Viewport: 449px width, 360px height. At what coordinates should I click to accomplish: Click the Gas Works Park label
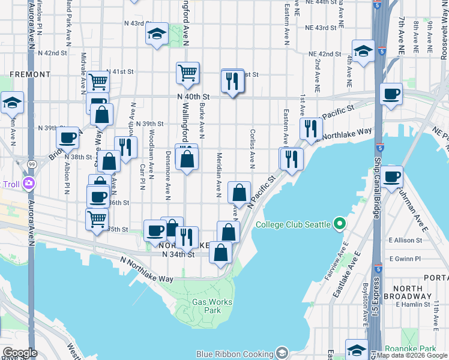point(206,306)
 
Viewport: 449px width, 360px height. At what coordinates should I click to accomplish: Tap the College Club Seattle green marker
point(340,224)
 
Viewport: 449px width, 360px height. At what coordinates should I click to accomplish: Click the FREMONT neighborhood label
point(30,74)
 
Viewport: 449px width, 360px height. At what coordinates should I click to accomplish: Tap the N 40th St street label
point(193,96)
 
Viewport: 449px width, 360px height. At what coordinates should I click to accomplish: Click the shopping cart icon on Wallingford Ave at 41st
point(188,73)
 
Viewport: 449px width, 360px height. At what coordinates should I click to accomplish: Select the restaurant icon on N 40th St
point(232,80)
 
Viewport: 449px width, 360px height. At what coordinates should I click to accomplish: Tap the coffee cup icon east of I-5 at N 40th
point(391,94)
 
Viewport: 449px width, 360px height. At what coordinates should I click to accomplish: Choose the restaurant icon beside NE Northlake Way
point(311,128)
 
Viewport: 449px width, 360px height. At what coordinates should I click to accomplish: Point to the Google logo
point(19,353)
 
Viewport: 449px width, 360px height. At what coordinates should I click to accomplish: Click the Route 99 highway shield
point(31,163)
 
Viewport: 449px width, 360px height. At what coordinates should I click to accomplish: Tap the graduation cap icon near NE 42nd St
point(363,52)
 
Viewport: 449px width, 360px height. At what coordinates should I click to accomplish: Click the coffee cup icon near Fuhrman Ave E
point(391,177)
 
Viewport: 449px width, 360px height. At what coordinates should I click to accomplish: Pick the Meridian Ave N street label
point(219,174)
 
